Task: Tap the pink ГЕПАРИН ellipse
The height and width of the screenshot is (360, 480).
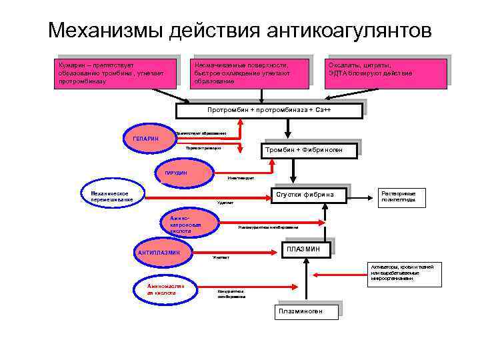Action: click(145, 138)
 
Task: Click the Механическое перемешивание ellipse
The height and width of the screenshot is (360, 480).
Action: click(111, 196)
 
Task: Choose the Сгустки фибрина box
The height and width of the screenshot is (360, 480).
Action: click(309, 195)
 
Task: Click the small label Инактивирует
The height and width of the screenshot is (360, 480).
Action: click(240, 178)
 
